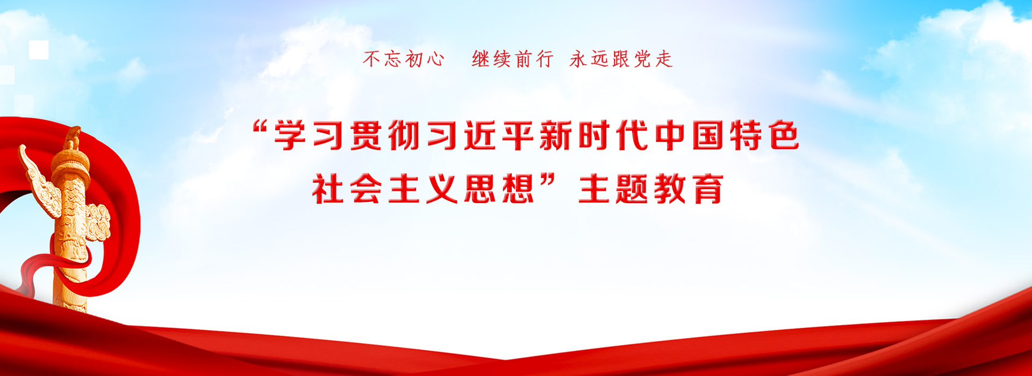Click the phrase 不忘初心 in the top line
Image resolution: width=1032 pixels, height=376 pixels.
click(x=404, y=59)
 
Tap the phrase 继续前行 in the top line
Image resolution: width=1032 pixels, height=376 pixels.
click(x=513, y=59)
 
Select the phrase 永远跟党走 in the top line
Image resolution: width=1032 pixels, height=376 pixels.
click(x=621, y=59)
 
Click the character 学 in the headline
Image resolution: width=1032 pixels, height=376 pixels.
click(x=290, y=135)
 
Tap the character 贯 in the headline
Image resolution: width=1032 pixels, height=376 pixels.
click(x=367, y=135)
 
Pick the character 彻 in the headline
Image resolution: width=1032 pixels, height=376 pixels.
click(x=404, y=135)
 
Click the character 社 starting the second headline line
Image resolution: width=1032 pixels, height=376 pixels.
click(x=328, y=189)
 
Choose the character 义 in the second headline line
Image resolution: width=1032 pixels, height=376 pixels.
click(x=442, y=189)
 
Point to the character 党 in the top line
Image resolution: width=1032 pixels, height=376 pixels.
click(x=643, y=59)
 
